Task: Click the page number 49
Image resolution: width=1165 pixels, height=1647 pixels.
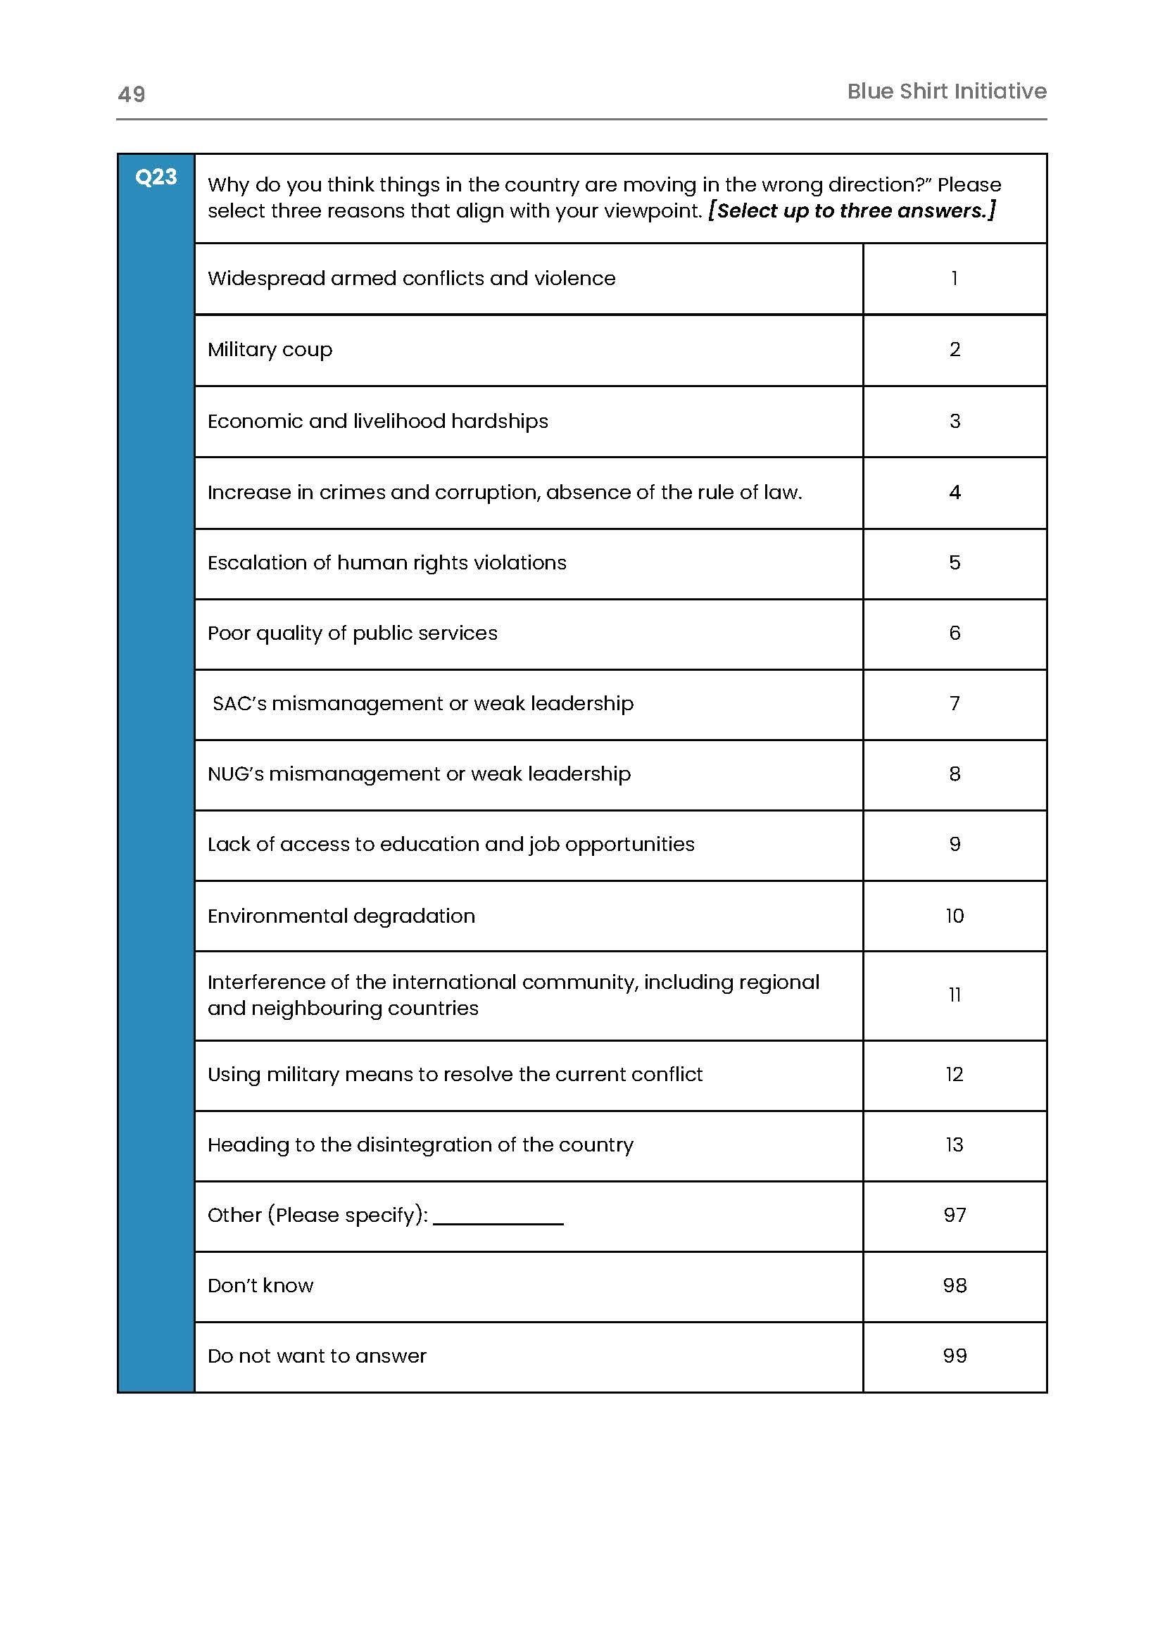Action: click(x=131, y=94)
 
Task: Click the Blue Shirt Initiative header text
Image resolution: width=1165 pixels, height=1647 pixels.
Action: click(x=946, y=91)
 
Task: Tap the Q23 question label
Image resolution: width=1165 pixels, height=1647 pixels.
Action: click(x=156, y=177)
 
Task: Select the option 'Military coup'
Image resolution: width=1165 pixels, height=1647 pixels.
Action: click(x=270, y=349)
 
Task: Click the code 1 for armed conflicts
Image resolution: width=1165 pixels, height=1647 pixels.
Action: click(x=954, y=278)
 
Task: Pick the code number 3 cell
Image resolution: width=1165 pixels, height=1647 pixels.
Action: click(x=954, y=421)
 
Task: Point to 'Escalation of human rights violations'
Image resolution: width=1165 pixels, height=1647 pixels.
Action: click(x=386, y=563)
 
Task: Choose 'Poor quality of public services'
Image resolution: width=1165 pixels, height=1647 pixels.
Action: click(x=352, y=633)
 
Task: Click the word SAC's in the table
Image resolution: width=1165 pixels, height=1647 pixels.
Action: click(x=239, y=704)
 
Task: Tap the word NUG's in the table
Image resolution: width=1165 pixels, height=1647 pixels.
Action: click(x=235, y=774)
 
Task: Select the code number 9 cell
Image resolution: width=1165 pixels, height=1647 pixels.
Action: click(x=954, y=845)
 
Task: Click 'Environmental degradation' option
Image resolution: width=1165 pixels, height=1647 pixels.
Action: click(x=341, y=916)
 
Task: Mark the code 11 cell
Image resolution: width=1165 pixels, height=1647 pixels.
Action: click(x=954, y=995)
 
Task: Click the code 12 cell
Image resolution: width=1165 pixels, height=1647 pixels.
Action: click(x=954, y=1075)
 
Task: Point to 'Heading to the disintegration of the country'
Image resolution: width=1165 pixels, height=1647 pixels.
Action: click(x=420, y=1145)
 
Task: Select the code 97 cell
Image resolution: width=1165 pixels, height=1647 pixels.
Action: click(x=954, y=1215)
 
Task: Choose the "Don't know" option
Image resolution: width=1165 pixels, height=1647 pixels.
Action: click(x=260, y=1285)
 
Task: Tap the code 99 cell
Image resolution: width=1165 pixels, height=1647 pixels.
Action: click(x=954, y=1356)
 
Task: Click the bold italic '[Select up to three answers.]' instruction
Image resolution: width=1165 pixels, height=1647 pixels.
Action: click(x=852, y=211)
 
